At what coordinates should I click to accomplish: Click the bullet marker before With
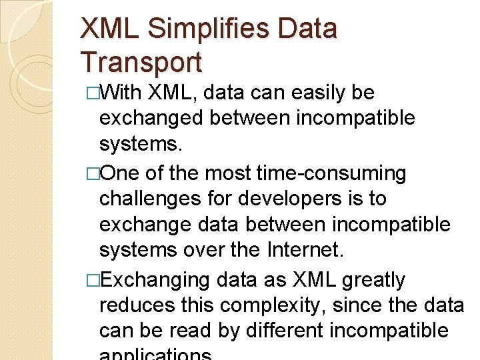[93, 93]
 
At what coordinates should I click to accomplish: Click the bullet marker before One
[93, 173]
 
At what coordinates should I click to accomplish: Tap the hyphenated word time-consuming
[331, 173]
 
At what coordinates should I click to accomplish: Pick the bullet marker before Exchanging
[93, 280]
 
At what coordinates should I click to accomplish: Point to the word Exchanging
[156, 280]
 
